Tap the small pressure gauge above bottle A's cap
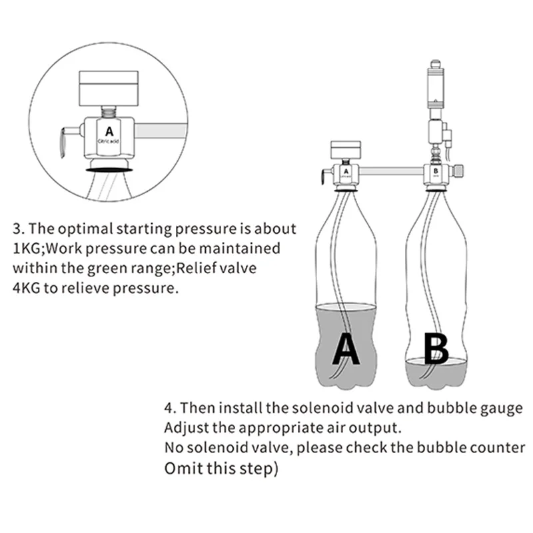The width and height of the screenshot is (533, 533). point(344,150)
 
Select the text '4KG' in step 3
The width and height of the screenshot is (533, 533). point(29,290)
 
